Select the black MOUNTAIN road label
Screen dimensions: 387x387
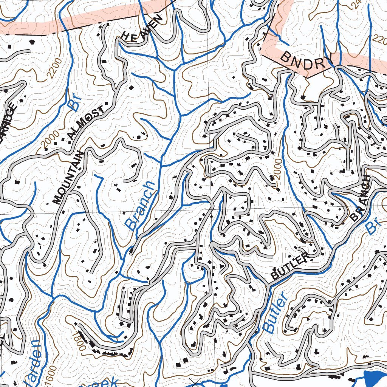68,178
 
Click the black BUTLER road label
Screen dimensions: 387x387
289,267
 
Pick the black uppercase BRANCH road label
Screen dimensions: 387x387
361,198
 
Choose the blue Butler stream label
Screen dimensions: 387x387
275,314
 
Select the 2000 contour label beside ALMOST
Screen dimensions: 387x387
51,139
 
